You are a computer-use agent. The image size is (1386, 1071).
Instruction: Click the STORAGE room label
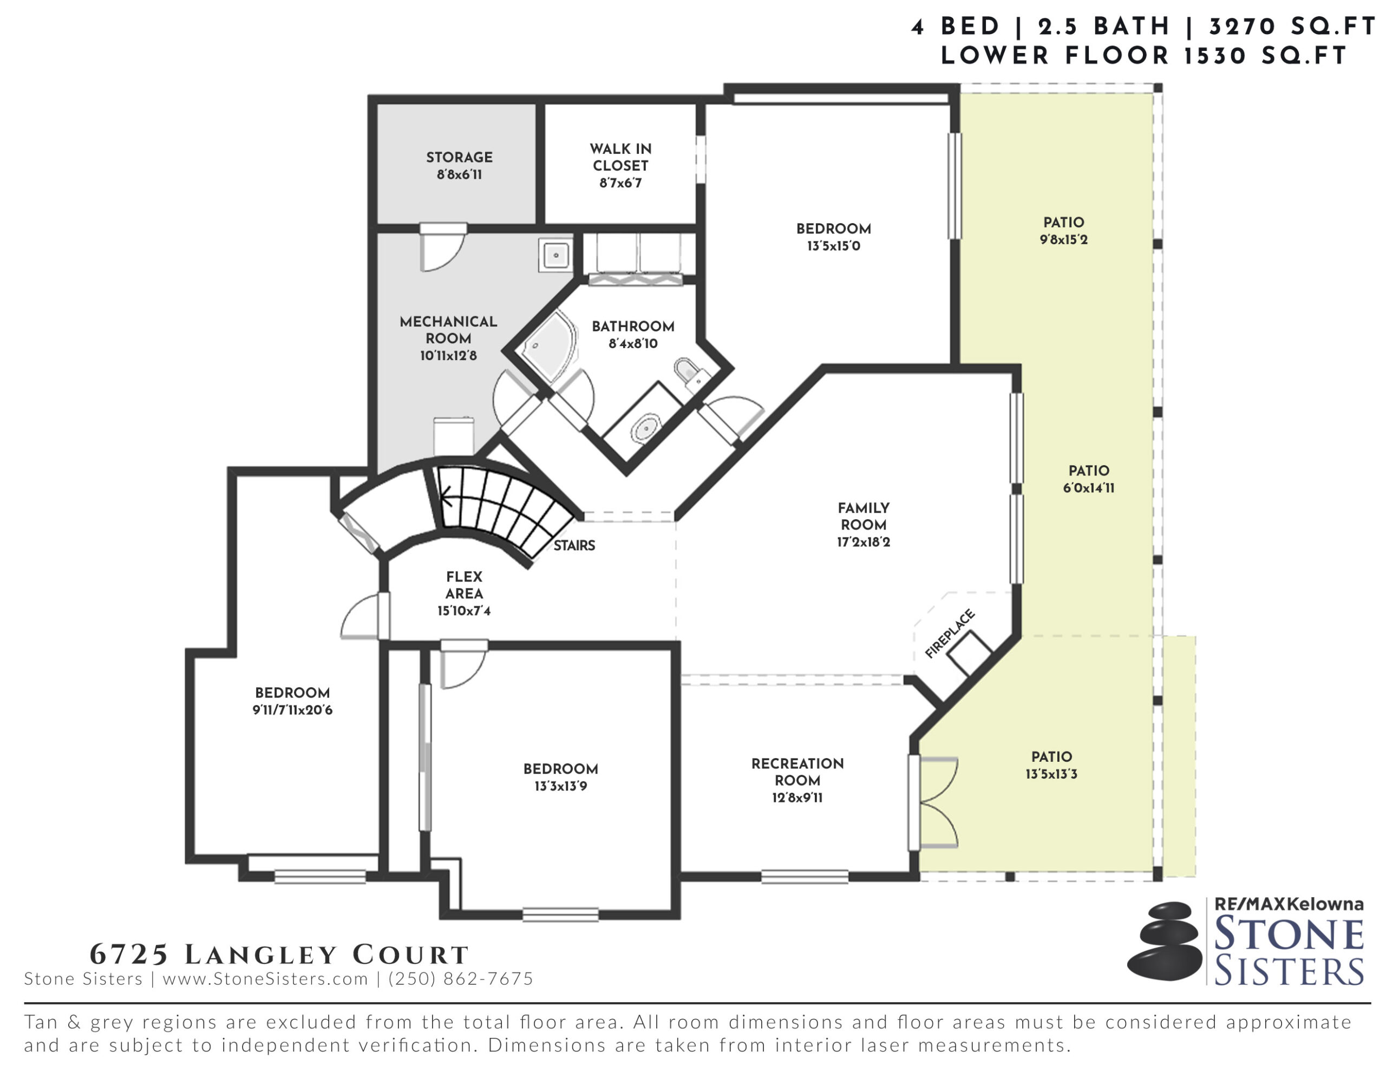pos(459,157)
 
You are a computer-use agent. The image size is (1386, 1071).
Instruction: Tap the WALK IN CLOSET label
pos(620,157)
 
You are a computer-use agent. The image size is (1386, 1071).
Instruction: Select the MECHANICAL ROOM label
pos(448,330)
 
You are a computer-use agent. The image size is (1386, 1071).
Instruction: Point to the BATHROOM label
pos(633,326)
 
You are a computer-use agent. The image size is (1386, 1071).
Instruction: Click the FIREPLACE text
pos(950,633)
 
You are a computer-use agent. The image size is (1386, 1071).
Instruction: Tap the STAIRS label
pos(574,545)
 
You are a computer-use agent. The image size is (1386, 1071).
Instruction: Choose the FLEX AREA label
pos(464,585)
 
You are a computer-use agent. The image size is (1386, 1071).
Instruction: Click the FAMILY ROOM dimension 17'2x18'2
pos(863,542)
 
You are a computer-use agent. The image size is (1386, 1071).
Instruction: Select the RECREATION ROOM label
pos(797,772)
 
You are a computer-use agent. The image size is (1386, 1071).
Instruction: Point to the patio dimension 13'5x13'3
pos(1051,774)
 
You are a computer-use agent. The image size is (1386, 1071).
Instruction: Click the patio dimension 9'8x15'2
pos(1064,239)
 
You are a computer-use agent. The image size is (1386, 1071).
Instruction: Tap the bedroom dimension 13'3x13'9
pos(560,786)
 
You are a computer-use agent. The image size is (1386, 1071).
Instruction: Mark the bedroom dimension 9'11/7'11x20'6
pos(292,710)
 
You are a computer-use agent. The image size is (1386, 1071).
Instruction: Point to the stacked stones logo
pos(1165,942)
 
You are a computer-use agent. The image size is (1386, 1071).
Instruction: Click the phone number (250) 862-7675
pos(461,978)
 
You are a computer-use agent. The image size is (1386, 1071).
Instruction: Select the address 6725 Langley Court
pos(279,954)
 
